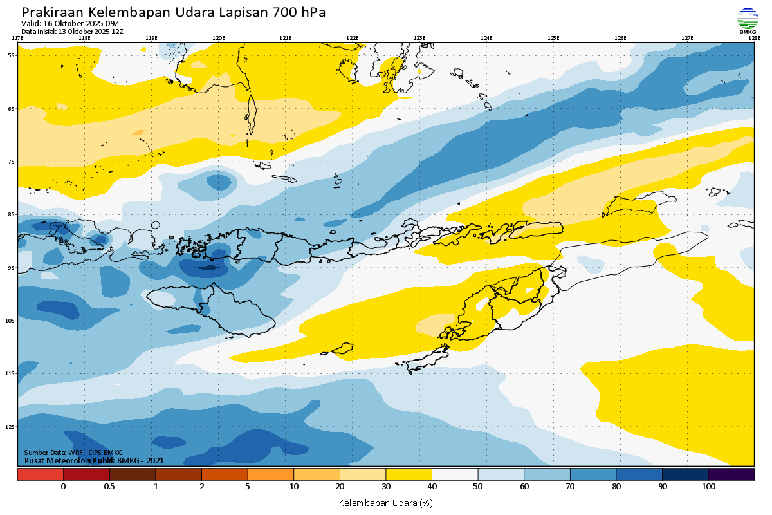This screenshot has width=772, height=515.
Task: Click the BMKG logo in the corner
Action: pos(748,19)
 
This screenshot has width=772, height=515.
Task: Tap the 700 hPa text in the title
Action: pos(300,12)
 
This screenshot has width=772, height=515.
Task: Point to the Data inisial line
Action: pos(72,31)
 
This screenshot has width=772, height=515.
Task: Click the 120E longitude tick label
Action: pos(219,38)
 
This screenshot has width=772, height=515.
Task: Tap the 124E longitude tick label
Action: pos(486,38)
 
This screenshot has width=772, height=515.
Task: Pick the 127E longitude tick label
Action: pos(687,38)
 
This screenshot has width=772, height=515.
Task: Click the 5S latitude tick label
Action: pos(12,55)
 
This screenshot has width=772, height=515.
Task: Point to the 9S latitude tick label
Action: pos(12,267)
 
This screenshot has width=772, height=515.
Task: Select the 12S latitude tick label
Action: pos(11,426)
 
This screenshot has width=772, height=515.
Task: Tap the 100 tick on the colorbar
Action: pos(708,487)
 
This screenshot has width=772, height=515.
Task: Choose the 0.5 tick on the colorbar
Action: pos(109,487)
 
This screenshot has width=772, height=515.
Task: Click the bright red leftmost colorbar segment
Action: pos(41,474)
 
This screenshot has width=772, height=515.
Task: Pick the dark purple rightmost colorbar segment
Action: pos(731,474)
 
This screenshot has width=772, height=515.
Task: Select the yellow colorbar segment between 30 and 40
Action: pos(409,474)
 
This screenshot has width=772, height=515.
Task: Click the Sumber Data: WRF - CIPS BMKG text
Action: pos(73,453)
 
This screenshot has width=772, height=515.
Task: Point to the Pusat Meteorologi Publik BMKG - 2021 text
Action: pos(94,460)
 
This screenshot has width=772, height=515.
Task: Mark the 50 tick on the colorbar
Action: pos(478,487)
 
